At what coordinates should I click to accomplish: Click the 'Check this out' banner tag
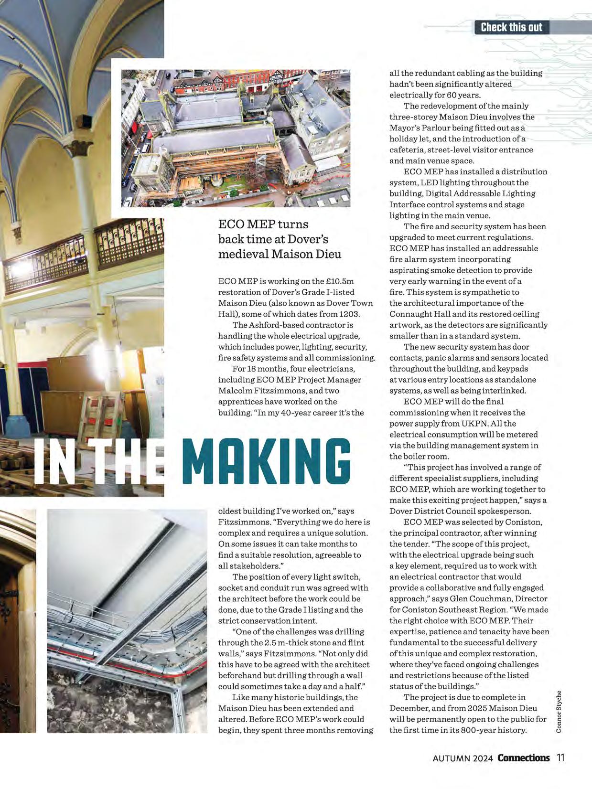(511, 27)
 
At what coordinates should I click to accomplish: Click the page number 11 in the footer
(560, 758)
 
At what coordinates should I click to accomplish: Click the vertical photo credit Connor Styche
(559, 712)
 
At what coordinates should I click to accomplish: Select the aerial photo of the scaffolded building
(235, 139)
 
